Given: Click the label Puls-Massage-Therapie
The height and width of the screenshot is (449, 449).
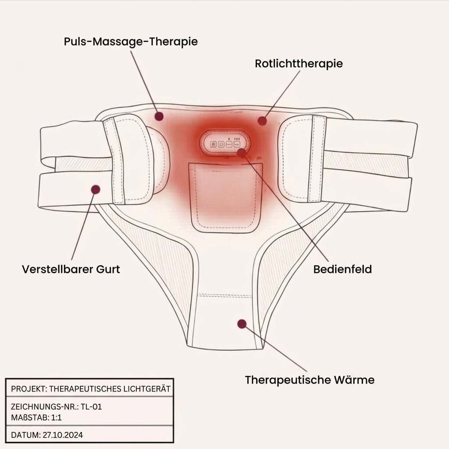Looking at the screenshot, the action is [x=131, y=42].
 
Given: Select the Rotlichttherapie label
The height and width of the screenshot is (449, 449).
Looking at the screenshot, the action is [x=299, y=64].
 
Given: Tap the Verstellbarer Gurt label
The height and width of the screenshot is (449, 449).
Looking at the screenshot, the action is [x=71, y=269].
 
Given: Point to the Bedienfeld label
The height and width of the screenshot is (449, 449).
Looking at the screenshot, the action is [x=342, y=269].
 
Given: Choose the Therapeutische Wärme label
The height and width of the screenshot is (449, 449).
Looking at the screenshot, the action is [x=310, y=380].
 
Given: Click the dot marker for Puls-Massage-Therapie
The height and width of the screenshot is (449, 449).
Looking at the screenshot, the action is [x=159, y=116].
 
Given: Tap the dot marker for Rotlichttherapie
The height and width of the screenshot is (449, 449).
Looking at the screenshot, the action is [x=262, y=121].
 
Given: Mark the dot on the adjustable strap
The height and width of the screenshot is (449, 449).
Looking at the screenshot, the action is [x=95, y=189].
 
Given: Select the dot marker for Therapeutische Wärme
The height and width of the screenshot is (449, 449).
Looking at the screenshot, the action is [x=242, y=324].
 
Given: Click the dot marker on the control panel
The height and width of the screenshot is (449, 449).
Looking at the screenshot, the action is [x=242, y=152].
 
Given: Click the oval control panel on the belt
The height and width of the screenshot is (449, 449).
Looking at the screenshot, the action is [x=225, y=143].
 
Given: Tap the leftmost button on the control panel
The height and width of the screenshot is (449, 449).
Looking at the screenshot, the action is [x=213, y=144].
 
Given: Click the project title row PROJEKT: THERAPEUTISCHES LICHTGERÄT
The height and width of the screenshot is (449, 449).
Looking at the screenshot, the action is [x=90, y=389].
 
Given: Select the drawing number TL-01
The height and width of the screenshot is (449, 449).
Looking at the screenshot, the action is [x=91, y=406].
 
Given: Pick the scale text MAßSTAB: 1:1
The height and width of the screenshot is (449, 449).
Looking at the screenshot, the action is [x=36, y=417].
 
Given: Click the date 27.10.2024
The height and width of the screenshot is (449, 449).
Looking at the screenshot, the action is [x=63, y=435].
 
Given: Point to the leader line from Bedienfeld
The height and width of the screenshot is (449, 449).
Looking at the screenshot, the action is [x=285, y=207].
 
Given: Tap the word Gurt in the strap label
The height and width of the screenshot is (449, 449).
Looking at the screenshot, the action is [x=108, y=269].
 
